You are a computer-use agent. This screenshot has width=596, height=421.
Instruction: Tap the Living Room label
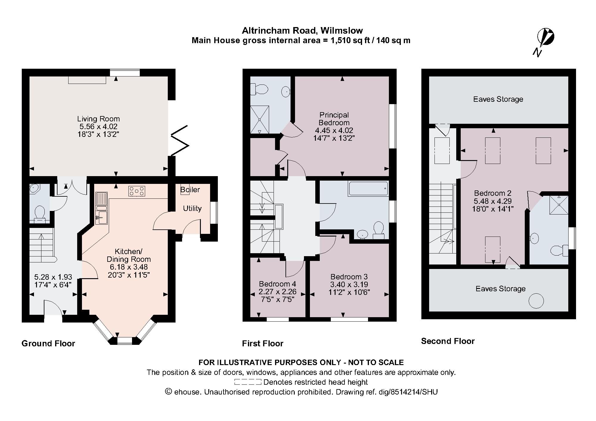[98, 119]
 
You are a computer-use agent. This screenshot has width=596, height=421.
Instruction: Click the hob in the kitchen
[137, 191]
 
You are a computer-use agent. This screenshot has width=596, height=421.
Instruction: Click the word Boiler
[190, 190]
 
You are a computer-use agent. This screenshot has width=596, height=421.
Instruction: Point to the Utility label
[192, 208]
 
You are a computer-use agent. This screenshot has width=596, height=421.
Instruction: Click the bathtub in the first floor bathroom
[368, 189]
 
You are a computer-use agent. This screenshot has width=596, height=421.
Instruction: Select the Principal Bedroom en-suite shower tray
[260, 120]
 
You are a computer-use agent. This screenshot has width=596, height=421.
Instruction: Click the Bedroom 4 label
[277, 284]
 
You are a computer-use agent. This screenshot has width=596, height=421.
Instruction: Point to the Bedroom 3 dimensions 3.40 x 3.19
[349, 284]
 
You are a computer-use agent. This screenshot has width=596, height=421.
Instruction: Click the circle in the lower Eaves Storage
[536, 301]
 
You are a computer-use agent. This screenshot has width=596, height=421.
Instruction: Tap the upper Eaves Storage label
[498, 99]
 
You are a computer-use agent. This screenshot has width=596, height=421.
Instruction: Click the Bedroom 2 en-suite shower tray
[559, 205]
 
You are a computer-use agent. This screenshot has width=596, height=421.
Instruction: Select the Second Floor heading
[448, 341]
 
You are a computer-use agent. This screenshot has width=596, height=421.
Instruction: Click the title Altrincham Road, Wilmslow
[302, 30]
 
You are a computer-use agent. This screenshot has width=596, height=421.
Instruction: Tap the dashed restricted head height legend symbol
[248, 382]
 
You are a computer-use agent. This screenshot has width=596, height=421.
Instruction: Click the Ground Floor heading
[48, 343]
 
